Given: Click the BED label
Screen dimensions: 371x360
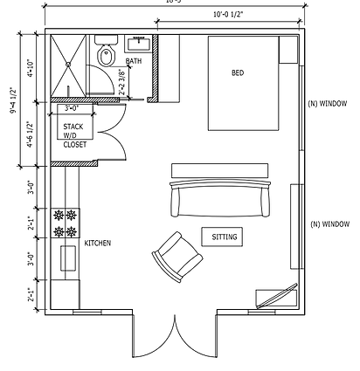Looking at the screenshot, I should [238, 72].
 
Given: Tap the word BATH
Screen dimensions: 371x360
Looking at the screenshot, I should [133, 61].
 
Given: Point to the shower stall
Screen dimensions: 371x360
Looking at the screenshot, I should [68, 65].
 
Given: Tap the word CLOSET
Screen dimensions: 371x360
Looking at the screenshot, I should [75, 145].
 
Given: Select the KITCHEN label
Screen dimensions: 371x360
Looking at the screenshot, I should [96, 242].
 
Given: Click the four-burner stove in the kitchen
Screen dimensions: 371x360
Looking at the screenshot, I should [66, 223].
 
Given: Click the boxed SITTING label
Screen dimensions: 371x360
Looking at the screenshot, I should [225, 237].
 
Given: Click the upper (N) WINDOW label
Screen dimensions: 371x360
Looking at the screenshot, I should [329, 104].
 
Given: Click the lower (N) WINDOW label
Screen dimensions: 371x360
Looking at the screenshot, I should [329, 224].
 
